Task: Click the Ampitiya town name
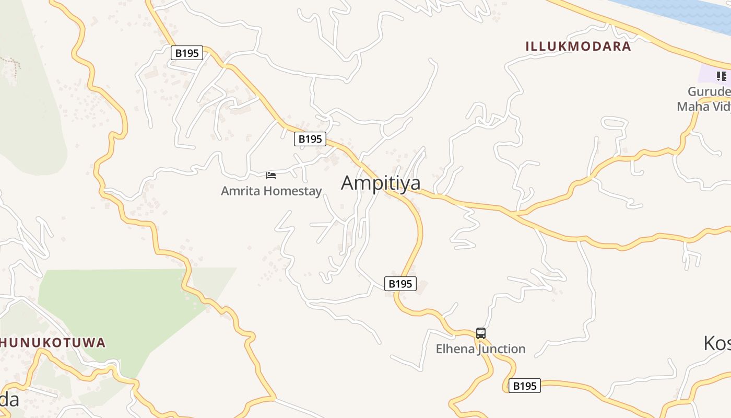pos(381,183)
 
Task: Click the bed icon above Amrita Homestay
pos(271,175)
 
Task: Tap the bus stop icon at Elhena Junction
pos(481,333)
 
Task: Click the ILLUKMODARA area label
pos(578,46)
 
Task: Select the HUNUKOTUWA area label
pos(52,343)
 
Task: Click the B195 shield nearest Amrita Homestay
pos(310,139)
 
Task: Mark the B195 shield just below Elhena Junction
pos(524,386)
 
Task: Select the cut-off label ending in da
pos(9,400)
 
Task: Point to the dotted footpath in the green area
pos(13,65)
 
